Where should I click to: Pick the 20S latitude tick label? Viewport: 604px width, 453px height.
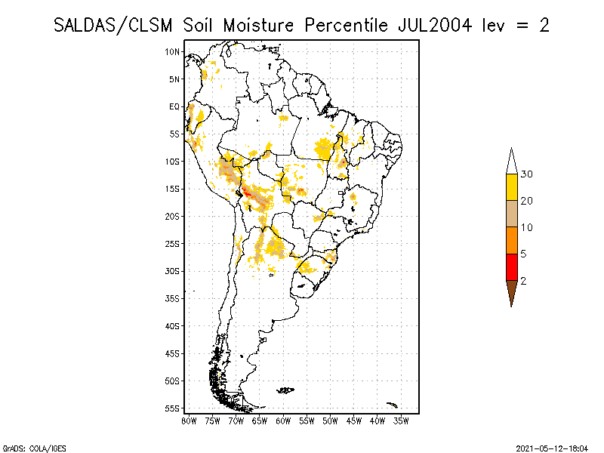tap(174, 216)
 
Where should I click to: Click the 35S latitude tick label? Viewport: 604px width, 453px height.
tap(174, 298)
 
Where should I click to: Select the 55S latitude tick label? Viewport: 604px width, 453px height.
tap(174, 408)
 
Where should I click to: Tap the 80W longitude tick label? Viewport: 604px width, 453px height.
tap(190, 420)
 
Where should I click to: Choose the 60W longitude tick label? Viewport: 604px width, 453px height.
tap(284, 420)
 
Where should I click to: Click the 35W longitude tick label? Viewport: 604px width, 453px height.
tap(401, 420)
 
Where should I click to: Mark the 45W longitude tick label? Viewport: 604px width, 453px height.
tap(354, 420)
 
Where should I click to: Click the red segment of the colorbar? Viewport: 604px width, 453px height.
tap(511, 267)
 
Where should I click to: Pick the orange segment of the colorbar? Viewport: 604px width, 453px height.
tap(511, 240)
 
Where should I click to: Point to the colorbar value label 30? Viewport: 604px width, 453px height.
tap(527, 174)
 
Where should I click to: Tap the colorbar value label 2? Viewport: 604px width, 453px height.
tap(524, 280)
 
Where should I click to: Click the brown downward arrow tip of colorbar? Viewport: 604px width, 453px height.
tap(511, 294)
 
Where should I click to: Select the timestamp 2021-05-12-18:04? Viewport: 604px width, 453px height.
tap(552, 448)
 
